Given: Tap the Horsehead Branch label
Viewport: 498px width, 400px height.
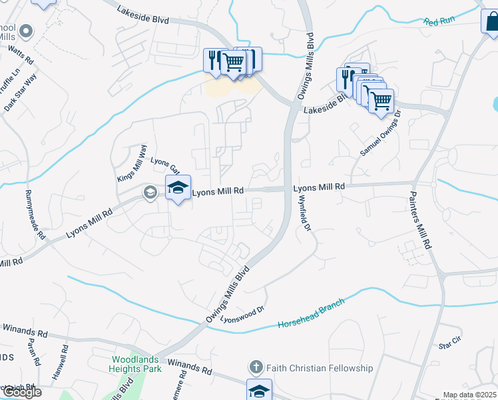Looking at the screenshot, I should coord(312,313).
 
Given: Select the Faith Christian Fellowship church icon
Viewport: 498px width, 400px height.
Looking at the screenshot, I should coord(256,367).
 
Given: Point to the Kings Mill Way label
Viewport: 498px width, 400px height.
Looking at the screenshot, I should coord(131,163).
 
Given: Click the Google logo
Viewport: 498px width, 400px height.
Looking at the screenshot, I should coord(21,392).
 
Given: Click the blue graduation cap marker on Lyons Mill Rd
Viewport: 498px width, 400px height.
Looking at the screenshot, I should coord(178,188).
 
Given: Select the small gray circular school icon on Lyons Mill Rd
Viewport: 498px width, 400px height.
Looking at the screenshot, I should coord(149,193).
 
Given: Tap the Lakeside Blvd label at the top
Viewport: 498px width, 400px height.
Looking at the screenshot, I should coord(142,13).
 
